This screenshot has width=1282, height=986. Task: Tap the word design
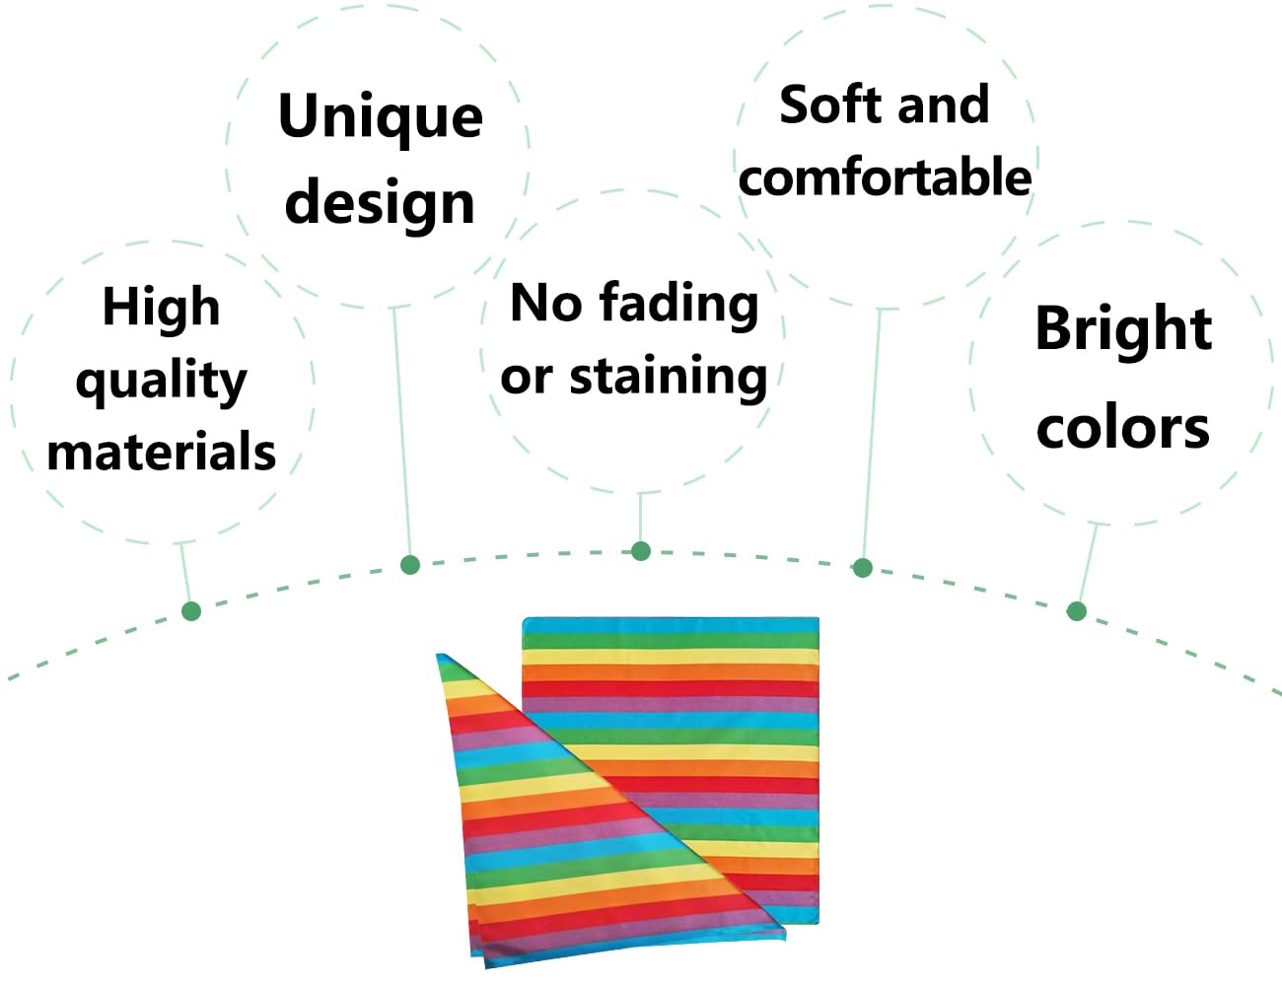(380, 203)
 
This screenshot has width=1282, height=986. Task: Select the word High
(161, 307)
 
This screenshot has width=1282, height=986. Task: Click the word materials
(161, 452)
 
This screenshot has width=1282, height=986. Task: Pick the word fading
(679, 306)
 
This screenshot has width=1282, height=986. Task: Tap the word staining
(668, 379)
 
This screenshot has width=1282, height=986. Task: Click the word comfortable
(885, 176)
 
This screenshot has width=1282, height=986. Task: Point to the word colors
(1123, 428)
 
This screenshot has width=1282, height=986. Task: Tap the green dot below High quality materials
(191, 611)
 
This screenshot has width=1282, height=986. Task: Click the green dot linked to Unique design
(410, 565)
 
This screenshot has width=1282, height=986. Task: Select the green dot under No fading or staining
(641, 551)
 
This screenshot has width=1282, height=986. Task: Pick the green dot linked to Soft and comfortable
(863, 567)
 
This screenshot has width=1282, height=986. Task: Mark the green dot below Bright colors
(1077, 611)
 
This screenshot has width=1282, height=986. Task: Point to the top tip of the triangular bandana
(438, 654)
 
